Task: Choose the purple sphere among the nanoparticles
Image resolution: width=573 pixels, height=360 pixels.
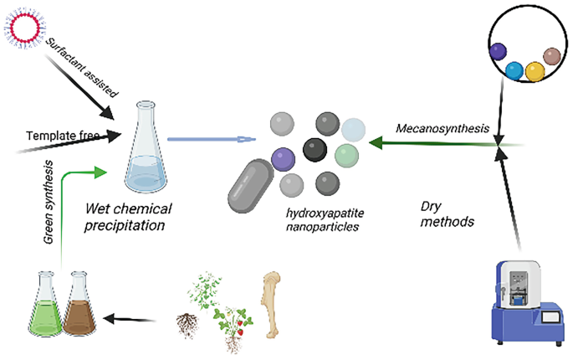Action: point(284,157)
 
